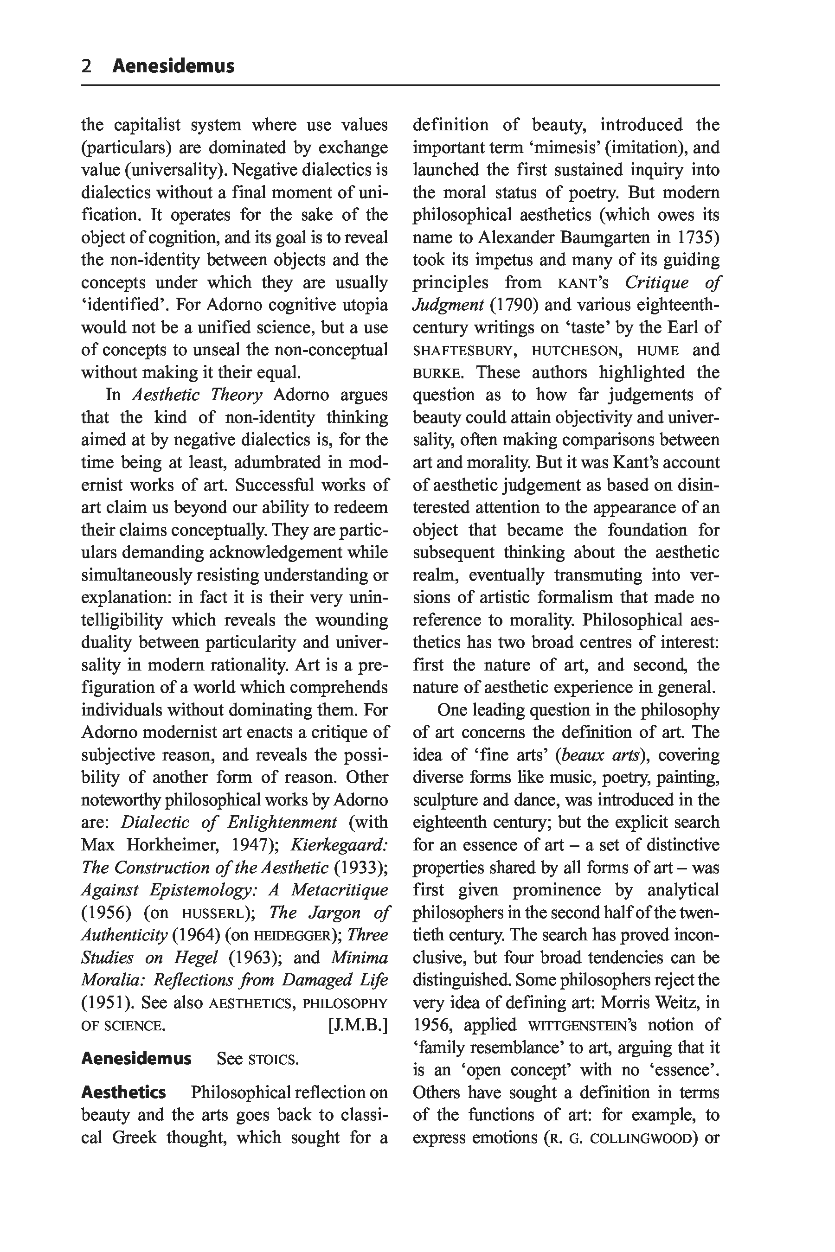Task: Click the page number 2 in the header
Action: tap(87, 66)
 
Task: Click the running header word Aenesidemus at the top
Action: tap(173, 66)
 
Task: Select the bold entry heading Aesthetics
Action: tap(123, 1093)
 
